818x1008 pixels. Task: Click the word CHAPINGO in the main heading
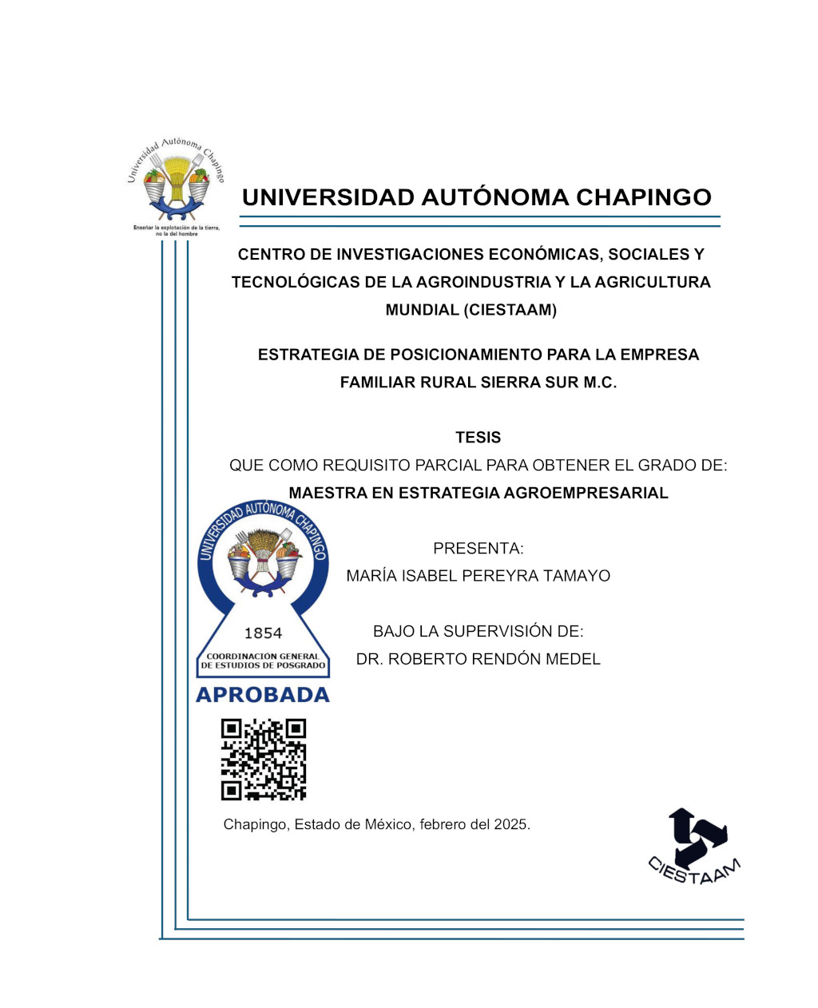[x=643, y=197]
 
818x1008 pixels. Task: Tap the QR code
[x=264, y=760]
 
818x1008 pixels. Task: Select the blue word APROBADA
[x=263, y=695]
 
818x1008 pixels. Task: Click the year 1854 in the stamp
[x=263, y=633]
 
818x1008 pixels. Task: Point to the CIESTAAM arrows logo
[x=694, y=846]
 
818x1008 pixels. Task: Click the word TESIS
[x=478, y=438]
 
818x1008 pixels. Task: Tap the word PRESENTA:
[x=478, y=549]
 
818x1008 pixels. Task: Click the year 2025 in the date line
[x=511, y=824]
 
